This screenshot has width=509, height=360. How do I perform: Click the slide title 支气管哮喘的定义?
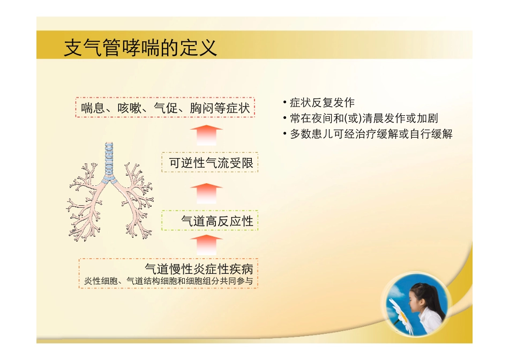[x=140, y=48]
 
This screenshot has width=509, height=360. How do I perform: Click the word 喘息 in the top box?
[x=92, y=108]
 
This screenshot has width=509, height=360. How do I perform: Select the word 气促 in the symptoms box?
[x=165, y=108]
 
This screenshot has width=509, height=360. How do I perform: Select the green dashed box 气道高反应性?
[x=211, y=220]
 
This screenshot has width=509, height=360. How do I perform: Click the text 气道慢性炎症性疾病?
[x=199, y=268]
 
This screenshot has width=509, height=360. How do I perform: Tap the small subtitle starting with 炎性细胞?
[x=168, y=281]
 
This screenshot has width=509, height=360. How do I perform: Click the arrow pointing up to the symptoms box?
[x=206, y=135]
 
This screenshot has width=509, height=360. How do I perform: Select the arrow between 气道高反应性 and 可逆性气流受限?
[x=206, y=192]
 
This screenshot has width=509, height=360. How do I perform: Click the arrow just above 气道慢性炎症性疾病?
[x=206, y=244]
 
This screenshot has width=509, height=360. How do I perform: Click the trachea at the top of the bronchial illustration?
[x=109, y=158]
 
